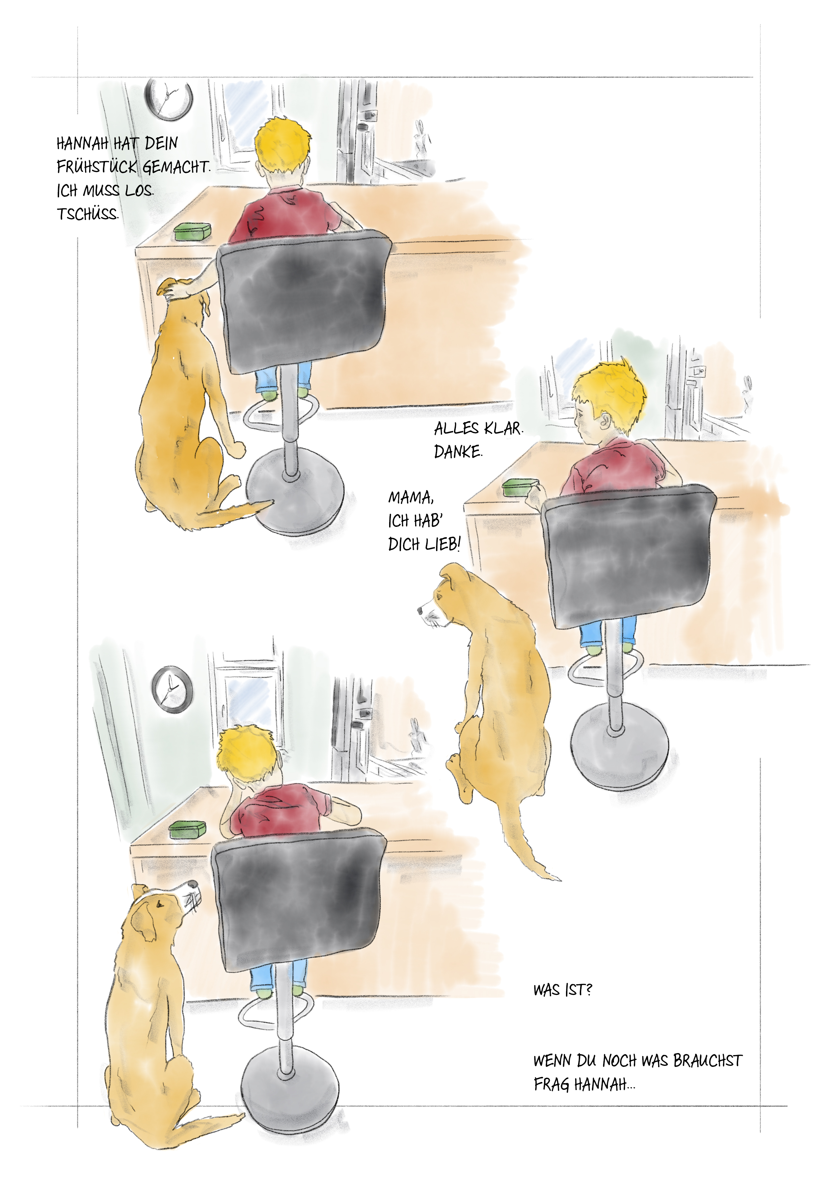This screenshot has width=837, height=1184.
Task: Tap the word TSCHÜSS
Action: (x=88, y=214)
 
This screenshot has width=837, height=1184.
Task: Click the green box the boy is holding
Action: (x=520, y=487)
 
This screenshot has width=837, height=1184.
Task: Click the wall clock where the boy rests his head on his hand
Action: (x=172, y=690)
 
